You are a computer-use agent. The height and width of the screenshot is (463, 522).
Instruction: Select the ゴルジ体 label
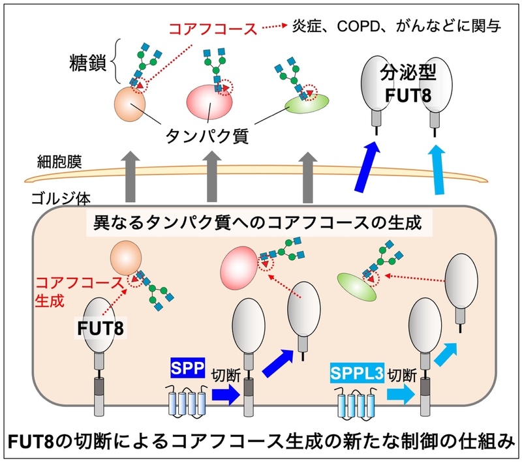(58, 198)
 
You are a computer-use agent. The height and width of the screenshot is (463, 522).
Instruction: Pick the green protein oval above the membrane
(307, 102)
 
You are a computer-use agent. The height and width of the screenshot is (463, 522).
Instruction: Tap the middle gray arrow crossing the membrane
(212, 177)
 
